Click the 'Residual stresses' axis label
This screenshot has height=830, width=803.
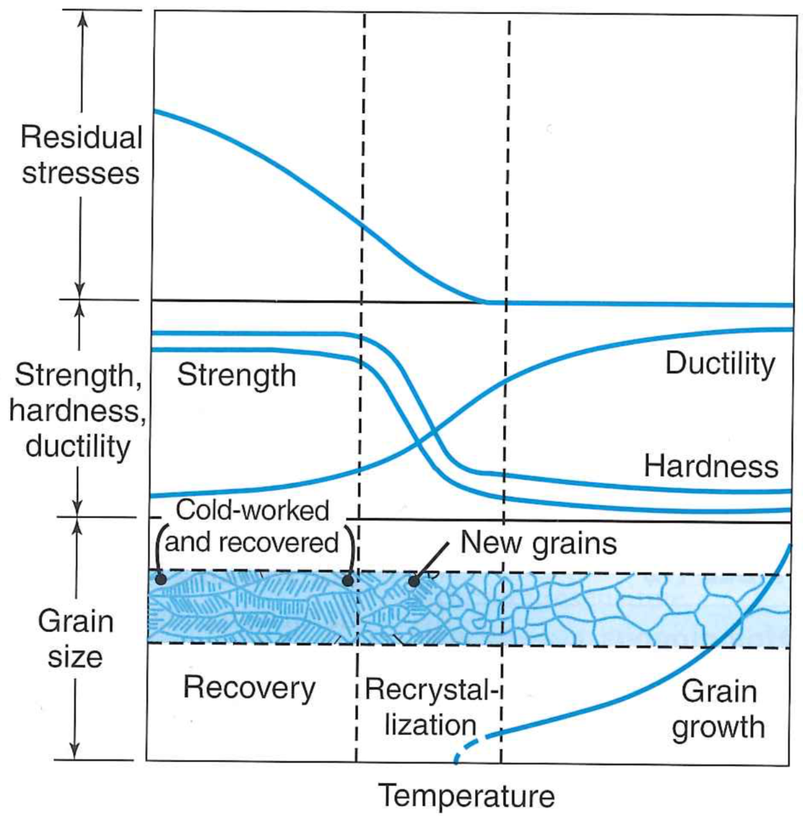81,156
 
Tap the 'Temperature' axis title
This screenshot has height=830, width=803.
467,796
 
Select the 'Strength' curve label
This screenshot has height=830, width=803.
237,376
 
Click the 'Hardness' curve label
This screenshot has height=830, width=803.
711,466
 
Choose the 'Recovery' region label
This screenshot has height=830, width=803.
249,689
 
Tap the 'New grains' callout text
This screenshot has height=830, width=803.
539,544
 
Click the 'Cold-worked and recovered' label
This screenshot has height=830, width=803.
252,526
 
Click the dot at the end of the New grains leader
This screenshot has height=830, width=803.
414,582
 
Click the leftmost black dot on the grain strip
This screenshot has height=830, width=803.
161,580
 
